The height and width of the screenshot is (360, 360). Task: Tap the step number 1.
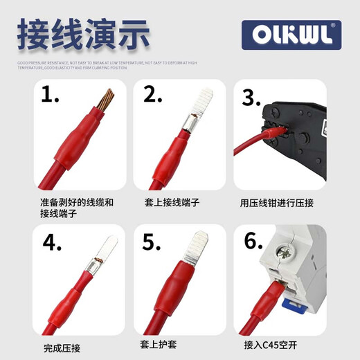pos(51,95)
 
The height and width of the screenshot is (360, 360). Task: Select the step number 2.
pos(153,95)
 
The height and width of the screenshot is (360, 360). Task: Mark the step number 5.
pos(152,243)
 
